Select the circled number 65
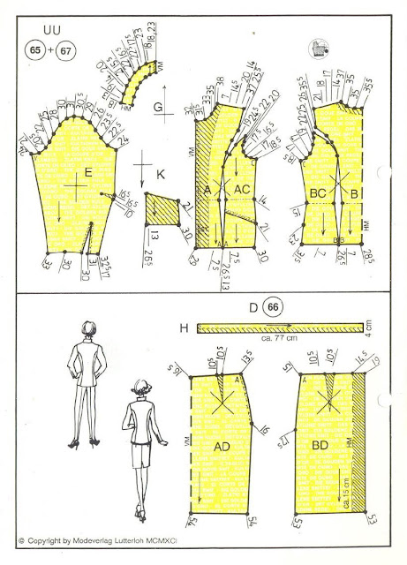point(38,49)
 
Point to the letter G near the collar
point(157,108)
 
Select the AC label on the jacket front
point(244,190)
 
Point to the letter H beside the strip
point(185,328)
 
